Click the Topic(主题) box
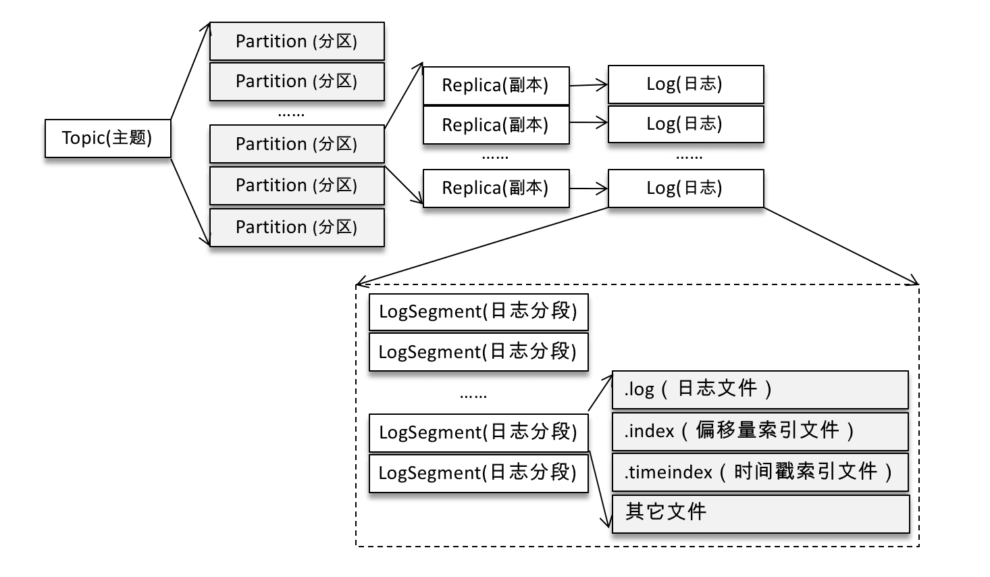107,139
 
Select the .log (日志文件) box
760,389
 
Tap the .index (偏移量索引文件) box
760,431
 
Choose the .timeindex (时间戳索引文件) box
760,472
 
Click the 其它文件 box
760,513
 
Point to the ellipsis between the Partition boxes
291,114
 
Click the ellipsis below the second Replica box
495,157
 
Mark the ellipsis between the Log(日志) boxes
689,157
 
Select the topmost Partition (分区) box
296,41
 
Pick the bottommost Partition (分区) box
296,227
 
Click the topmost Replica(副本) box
496,85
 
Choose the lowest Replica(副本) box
496,188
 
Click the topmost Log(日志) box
685,84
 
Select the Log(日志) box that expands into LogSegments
685,188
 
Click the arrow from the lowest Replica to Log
589,189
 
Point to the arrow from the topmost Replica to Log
589,85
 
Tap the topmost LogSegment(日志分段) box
478,311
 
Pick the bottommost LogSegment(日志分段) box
478,473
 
